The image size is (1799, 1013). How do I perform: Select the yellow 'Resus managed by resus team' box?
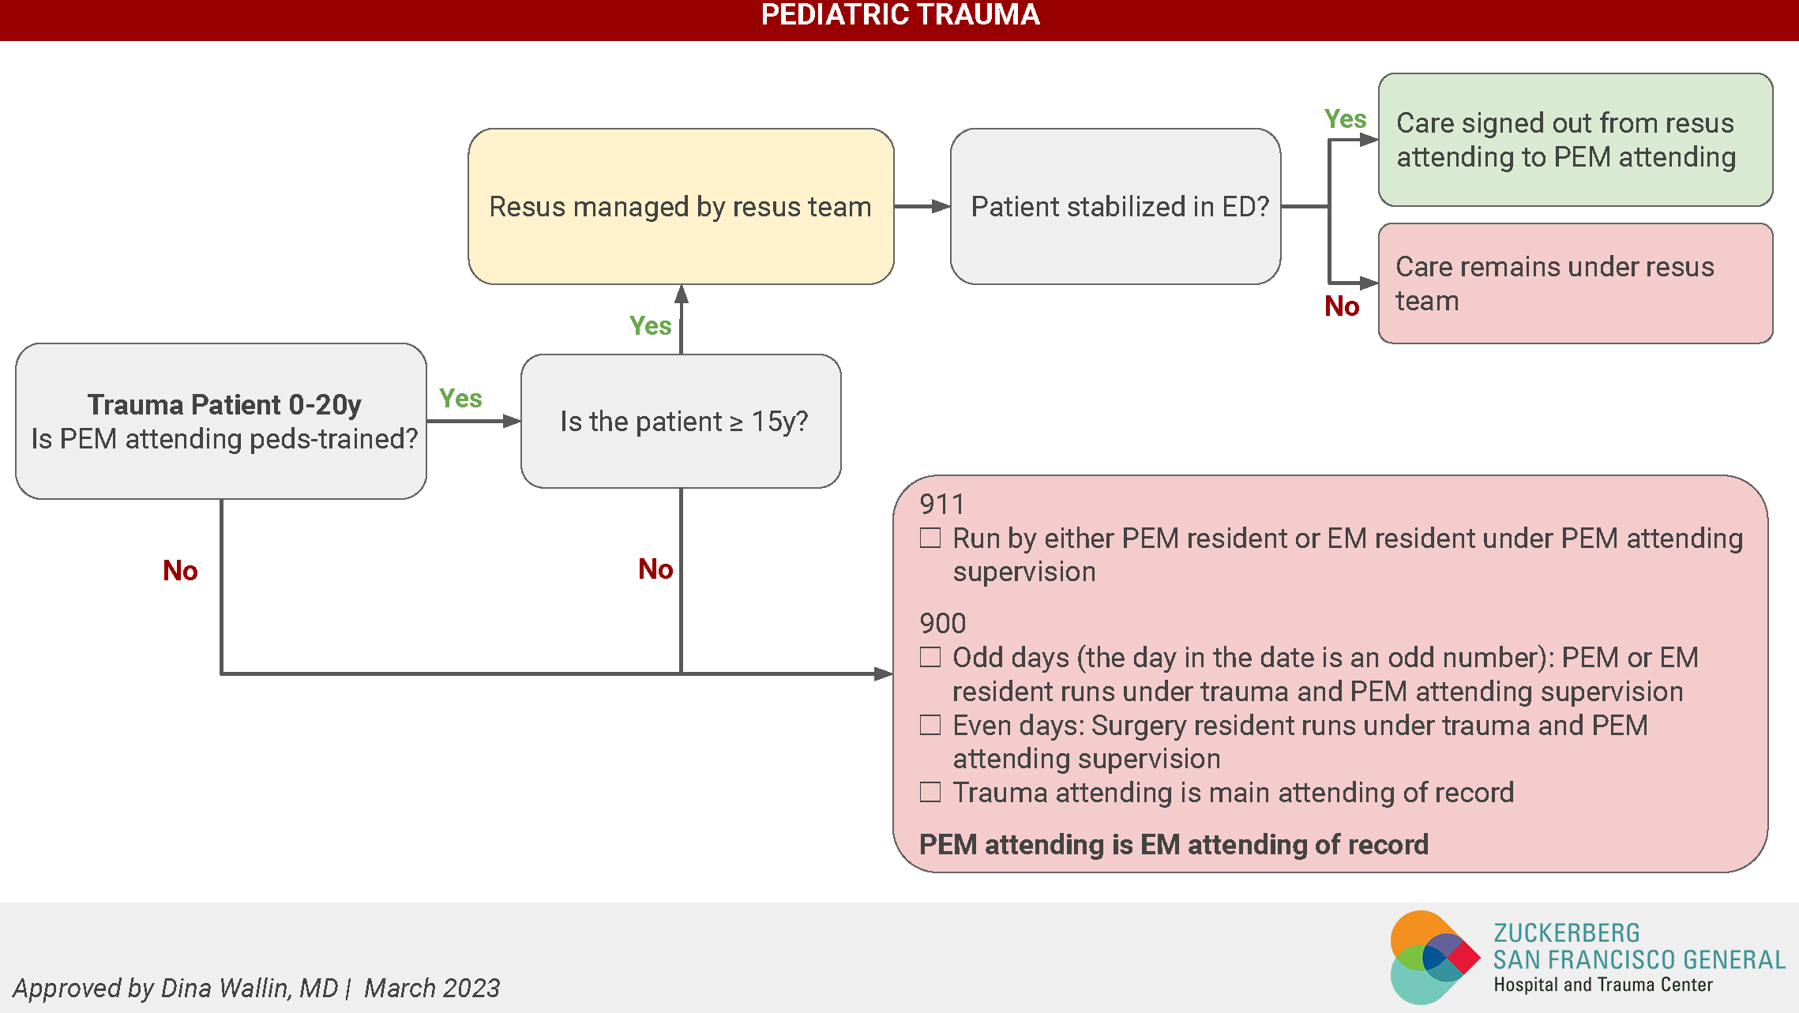(x=681, y=206)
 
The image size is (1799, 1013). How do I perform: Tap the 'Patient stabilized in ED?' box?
(x=1115, y=206)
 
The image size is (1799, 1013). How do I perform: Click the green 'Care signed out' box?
(x=1575, y=140)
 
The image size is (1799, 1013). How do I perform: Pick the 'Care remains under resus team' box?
(x=1575, y=283)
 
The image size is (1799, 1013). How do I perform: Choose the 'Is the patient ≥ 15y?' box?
(x=681, y=421)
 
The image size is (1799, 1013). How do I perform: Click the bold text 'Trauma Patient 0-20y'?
(x=224, y=404)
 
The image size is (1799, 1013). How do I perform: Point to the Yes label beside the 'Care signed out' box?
(x=1345, y=119)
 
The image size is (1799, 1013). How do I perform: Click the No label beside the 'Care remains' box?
(x=1342, y=306)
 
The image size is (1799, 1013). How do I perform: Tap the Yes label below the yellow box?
(x=650, y=325)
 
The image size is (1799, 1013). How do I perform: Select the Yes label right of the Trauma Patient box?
(x=460, y=398)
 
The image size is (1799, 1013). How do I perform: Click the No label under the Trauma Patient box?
(x=180, y=570)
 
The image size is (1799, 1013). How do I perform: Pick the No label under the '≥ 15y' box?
(x=655, y=568)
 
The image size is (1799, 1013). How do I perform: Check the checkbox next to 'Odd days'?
(x=930, y=657)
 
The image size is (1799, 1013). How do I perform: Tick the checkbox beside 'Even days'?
(x=930, y=725)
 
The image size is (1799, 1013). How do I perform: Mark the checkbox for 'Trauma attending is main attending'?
(x=930, y=792)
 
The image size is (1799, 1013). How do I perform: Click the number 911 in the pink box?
(x=942, y=505)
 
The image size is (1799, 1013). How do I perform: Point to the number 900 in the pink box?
(x=942, y=624)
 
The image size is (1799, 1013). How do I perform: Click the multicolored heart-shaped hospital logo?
(x=1433, y=957)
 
